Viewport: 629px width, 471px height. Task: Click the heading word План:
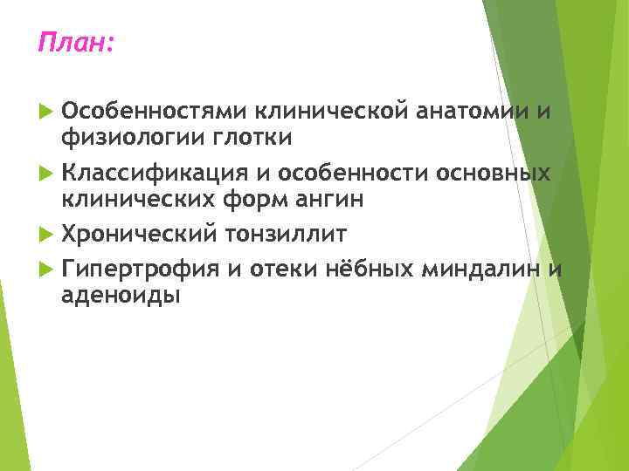(75, 42)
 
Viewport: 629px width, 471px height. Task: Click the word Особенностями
(154, 111)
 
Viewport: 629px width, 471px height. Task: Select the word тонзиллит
(286, 234)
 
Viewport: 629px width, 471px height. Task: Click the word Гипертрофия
(140, 269)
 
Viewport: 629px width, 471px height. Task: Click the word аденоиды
(121, 295)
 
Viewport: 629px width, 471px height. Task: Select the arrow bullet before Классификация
(46, 174)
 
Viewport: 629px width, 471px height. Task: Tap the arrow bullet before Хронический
(46, 235)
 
